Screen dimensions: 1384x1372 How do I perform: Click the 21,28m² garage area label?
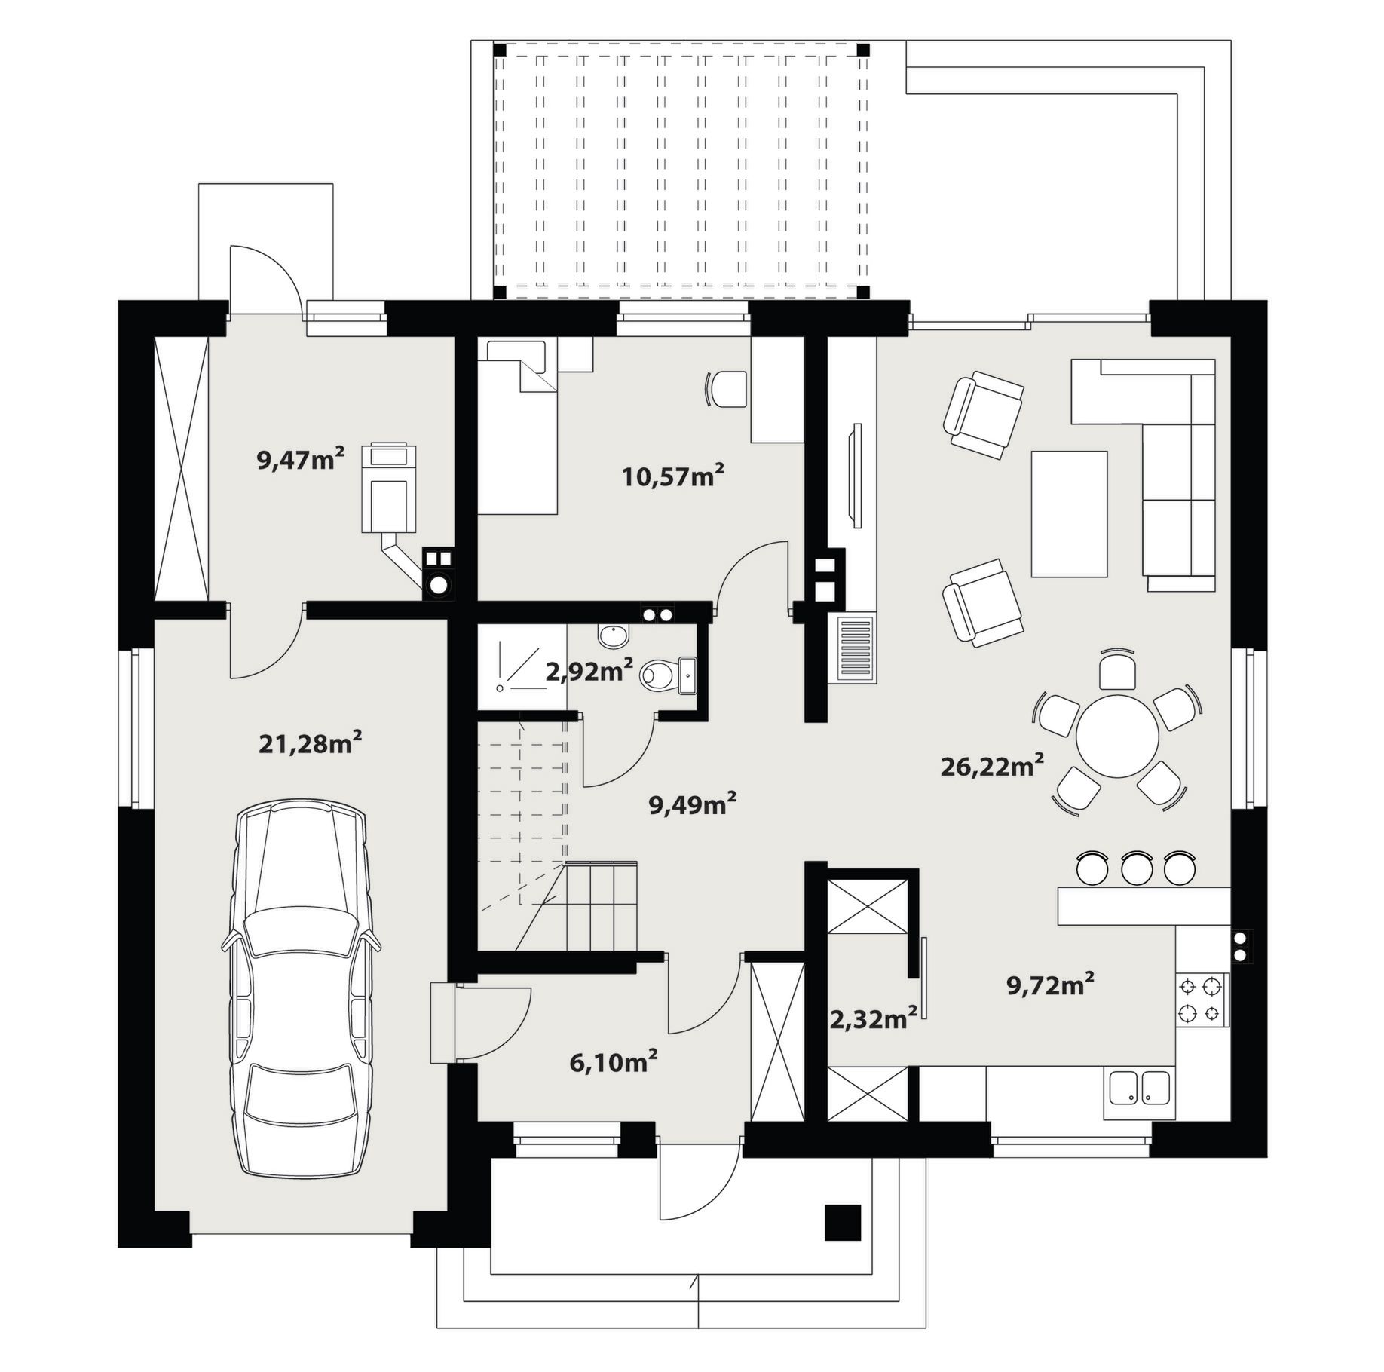point(311,744)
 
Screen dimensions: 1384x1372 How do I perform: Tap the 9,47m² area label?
point(301,459)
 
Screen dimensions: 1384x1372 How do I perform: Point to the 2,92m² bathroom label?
point(589,671)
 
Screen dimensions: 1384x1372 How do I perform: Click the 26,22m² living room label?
point(992,766)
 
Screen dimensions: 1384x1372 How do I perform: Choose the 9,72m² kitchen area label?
point(1051,985)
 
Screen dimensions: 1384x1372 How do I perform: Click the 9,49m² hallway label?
point(692,804)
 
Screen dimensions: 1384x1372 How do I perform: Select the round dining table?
point(1117,736)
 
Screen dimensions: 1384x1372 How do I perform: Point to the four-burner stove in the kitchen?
point(1202,1000)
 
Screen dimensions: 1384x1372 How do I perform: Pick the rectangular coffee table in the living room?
point(1069,514)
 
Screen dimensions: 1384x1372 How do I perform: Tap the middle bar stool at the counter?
point(1137,868)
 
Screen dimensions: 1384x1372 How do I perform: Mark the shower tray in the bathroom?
point(521,667)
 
